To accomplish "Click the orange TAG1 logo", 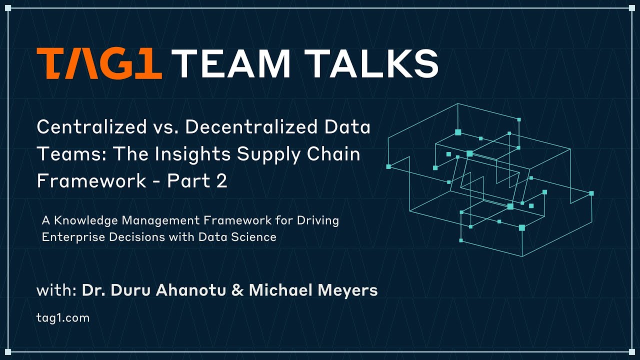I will click(x=99, y=63).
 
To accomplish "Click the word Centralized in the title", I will click(x=91, y=127).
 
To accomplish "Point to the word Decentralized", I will click(x=251, y=127).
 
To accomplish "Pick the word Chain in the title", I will click(x=335, y=154).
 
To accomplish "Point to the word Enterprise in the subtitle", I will click(x=70, y=237).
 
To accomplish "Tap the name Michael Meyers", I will click(x=313, y=290).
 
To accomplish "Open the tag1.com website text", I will click(x=63, y=317).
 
